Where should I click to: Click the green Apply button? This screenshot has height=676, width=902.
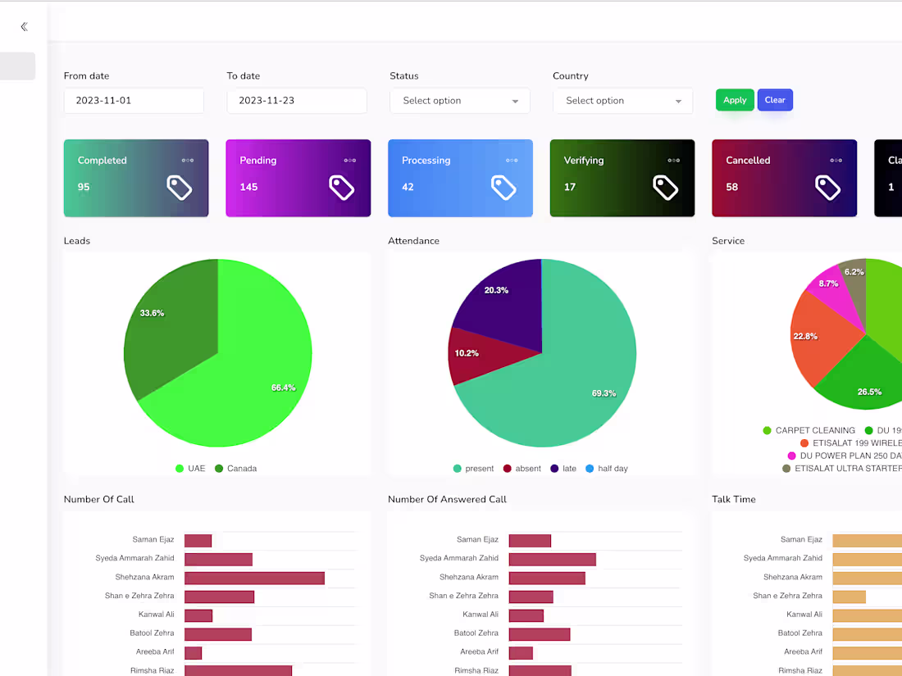tap(735, 100)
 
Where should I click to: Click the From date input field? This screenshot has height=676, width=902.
tap(134, 101)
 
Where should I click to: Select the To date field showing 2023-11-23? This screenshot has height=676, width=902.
tap(297, 101)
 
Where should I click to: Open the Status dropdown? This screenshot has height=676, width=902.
tap(460, 101)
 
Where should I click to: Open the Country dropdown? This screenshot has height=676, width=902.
tap(622, 101)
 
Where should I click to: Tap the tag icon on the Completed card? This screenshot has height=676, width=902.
tap(179, 188)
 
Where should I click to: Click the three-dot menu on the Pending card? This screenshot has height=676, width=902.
tap(350, 161)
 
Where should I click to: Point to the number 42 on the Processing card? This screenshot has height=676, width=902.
tap(408, 187)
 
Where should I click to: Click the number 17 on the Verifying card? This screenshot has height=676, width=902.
tap(570, 187)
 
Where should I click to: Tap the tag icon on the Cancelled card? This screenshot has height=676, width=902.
tap(828, 188)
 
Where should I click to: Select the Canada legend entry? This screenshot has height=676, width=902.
tap(236, 469)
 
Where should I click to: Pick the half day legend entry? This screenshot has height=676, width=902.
tap(607, 469)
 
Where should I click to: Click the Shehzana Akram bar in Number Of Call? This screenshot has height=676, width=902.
tap(254, 578)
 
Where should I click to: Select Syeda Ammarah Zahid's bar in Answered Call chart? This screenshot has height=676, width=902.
tap(552, 560)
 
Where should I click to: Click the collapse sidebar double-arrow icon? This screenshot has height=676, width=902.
tap(24, 26)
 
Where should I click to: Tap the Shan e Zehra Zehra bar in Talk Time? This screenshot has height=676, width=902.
tap(849, 597)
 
